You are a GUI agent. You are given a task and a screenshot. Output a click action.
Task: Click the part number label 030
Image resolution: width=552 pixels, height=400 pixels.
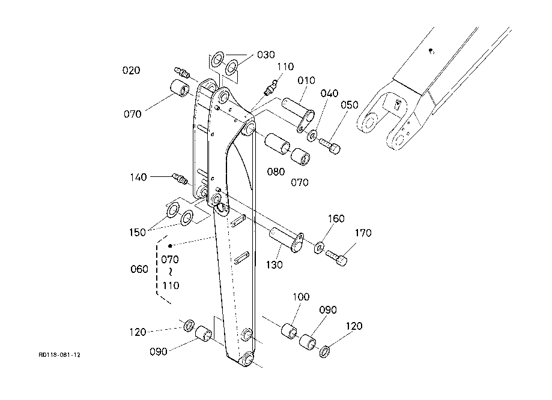266,55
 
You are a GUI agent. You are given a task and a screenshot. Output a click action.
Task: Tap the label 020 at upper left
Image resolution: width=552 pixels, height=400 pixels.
131,70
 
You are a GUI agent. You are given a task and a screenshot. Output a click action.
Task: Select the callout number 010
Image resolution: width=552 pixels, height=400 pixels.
306,80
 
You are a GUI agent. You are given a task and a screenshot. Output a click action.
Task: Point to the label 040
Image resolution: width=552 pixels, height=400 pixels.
329,94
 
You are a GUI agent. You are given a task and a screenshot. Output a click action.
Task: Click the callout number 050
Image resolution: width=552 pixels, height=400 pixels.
349,105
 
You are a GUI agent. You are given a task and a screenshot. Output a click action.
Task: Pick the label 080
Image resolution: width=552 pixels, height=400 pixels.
276,172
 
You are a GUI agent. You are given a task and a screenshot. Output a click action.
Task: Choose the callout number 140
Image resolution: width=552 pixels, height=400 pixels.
138,177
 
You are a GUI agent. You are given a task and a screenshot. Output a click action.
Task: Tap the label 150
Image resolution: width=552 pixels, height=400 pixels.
138,232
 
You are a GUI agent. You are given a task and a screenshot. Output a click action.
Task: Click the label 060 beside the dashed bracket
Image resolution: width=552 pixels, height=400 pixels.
139,269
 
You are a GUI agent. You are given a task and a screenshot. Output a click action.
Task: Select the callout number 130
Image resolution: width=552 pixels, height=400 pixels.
274,264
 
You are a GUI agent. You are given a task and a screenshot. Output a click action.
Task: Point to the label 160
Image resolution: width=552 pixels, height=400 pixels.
336,219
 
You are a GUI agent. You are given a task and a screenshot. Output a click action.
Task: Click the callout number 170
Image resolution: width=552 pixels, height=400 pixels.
363,233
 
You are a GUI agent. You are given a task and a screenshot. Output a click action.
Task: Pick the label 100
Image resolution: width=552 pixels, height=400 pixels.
301,297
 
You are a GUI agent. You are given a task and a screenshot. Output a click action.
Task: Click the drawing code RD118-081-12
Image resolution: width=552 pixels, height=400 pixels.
59,355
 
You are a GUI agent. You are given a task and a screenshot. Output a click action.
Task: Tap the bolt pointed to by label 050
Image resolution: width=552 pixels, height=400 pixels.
330,146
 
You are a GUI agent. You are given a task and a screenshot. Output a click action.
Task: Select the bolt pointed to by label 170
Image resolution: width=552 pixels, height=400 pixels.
336,257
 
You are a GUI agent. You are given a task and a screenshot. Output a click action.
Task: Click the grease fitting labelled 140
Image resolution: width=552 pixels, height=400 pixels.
180,179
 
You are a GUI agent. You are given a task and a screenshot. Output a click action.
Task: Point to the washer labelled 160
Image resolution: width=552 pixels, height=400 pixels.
319,248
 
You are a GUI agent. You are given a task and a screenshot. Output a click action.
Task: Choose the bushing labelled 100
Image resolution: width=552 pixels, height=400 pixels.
289,331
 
